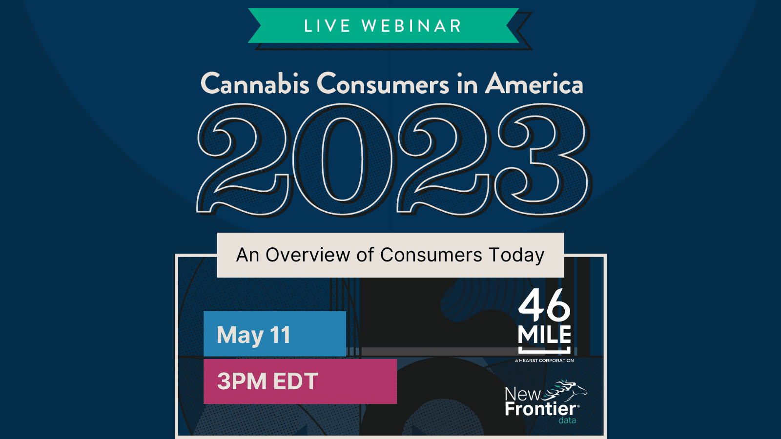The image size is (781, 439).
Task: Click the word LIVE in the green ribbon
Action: point(327,26)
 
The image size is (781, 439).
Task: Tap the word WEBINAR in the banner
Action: point(412,26)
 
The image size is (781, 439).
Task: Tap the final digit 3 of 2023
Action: point(543,159)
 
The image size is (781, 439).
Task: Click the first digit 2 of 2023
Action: point(244,159)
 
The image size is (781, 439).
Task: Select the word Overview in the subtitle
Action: point(308,255)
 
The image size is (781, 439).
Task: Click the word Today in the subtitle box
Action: point(516,256)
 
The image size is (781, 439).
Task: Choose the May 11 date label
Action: point(253,335)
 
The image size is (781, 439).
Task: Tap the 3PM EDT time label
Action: point(267,381)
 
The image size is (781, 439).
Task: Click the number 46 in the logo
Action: point(544,305)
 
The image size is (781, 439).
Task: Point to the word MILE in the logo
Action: point(544,335)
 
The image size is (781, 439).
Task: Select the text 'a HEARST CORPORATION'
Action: point(544,360)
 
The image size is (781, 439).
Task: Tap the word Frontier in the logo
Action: point(541,409)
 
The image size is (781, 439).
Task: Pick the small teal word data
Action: point(567,420)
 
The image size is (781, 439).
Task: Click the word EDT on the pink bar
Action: point(295,381)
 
